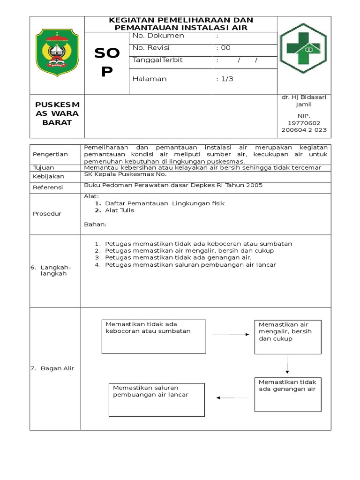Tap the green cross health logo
pyautogui.click(x=304, y=48)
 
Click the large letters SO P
pyautogui.click(x=107, y=63)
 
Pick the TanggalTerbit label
pyautogui.click(x=157, y=60)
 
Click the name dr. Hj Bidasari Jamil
pyautogui.click(x=304, y=101)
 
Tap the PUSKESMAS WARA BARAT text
pyautogui.click(x=57, y=113)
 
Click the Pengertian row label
pyautogui.click(x=50, y=154)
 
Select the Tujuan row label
pyautogui.click(x=44, y=167)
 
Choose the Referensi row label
pyautogui.click(x=47, y=187)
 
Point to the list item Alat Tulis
pyautogui.click(x=120, y=210)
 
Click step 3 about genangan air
pyautogui.click(x=178, y=257)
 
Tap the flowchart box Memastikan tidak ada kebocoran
pyautogui.click(x=153, y=337)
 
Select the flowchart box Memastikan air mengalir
pyautogui.click(x=287, y=337)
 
